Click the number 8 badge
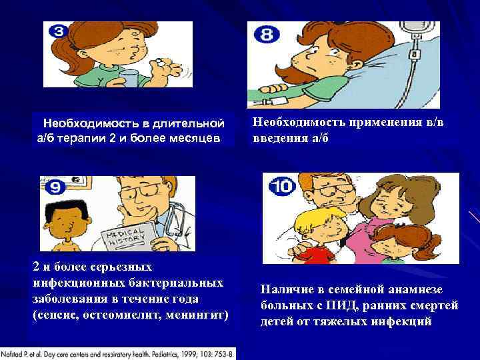click(267, 35)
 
